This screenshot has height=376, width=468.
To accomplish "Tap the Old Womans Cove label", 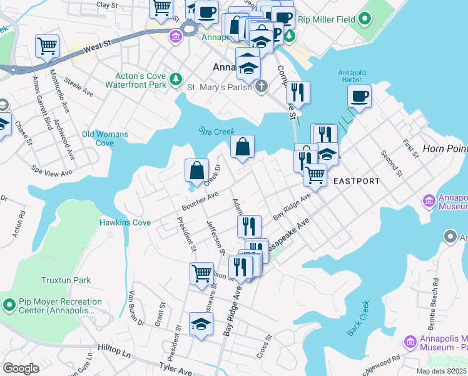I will (105, 138).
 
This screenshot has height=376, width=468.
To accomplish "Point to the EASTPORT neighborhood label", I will (356, 181).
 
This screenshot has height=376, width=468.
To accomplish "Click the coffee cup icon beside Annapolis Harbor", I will (360, 97).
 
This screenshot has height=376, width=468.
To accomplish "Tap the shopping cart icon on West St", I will (48, 45).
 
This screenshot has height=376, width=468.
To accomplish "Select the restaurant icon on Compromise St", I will (298, 92).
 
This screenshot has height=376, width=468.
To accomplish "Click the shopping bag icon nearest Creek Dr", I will (196, 170).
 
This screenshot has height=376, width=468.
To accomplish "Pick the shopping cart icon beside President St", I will (201, 273).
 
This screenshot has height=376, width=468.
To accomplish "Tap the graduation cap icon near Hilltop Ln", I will (201, 323).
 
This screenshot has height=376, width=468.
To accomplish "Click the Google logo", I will (21, 368).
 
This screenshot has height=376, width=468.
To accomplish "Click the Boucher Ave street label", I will (200, 201).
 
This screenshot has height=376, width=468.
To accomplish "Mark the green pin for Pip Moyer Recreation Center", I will (9, 305).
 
